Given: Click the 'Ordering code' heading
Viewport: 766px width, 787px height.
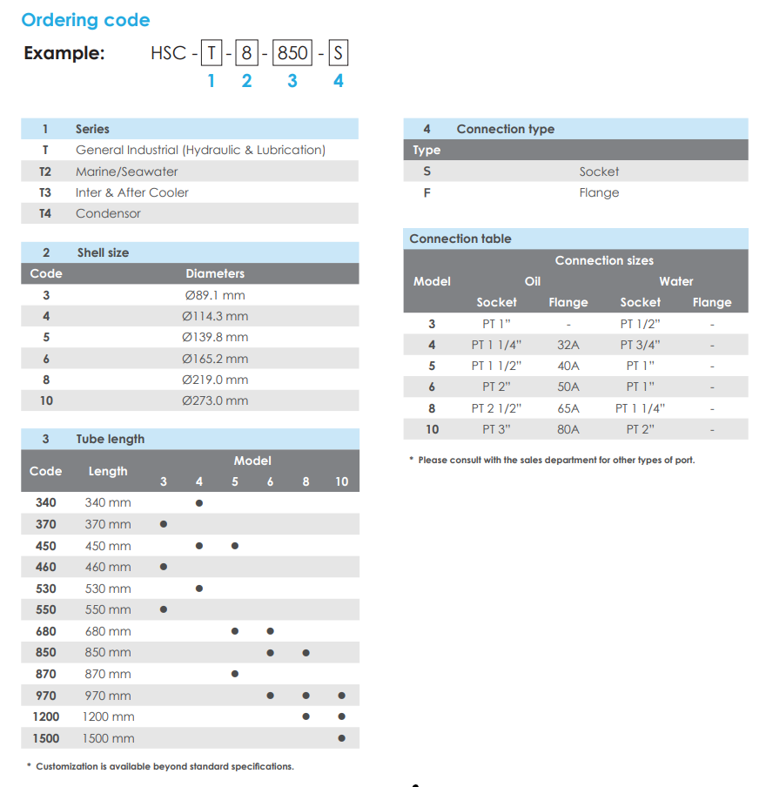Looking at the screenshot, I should pyautogui.click(x=85, y=20).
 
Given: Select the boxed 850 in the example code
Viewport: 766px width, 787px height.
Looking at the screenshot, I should pyautogui.click(x=292, y=53).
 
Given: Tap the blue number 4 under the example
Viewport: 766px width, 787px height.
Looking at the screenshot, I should pyautogui.click(x=339, y=81).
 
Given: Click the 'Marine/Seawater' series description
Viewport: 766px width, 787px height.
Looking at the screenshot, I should pyautogui.click(x=127, y=172).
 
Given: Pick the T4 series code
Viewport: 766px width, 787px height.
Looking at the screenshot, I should pyautogui.click(x=45, y=213).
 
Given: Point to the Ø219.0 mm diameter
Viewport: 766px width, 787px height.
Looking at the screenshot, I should pyautogui.click(x=215, y=380).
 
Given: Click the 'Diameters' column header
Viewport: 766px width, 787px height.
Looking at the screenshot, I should pyautogui.click(x=215, y=273).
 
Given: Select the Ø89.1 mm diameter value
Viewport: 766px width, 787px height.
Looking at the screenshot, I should pyautogui.click(x=215, y=295).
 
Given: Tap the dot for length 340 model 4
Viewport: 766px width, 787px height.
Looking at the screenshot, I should pyautogui.click(x=199, y=503).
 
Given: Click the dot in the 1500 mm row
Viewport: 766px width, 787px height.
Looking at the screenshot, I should pyautogui.click(x=341, y=738).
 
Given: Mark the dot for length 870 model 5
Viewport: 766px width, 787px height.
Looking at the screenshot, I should pyautogui.click(x=235, y=674).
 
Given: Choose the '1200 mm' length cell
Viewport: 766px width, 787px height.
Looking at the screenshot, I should pyautogui.click(x=108, y=716).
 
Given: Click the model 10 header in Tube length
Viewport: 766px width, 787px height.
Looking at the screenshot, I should pyautogui.click(x=341, y=481).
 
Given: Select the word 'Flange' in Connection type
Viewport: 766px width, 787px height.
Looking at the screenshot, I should pyautogui.click(x=599, y=192).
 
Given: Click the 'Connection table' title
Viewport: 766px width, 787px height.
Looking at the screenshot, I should pyautogui.click(x=460, y=239).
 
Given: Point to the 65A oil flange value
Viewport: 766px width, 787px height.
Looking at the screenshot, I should pyautogui.click(x=568, y=408).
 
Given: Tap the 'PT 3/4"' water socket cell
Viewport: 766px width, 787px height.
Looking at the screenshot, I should pyautogui.click(x=640, y=345).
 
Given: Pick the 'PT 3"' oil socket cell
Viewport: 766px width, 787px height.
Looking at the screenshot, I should pyautogui.click(x=496, y=429).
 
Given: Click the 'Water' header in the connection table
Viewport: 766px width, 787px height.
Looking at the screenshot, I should pyautogui.click(x=675, y=281).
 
